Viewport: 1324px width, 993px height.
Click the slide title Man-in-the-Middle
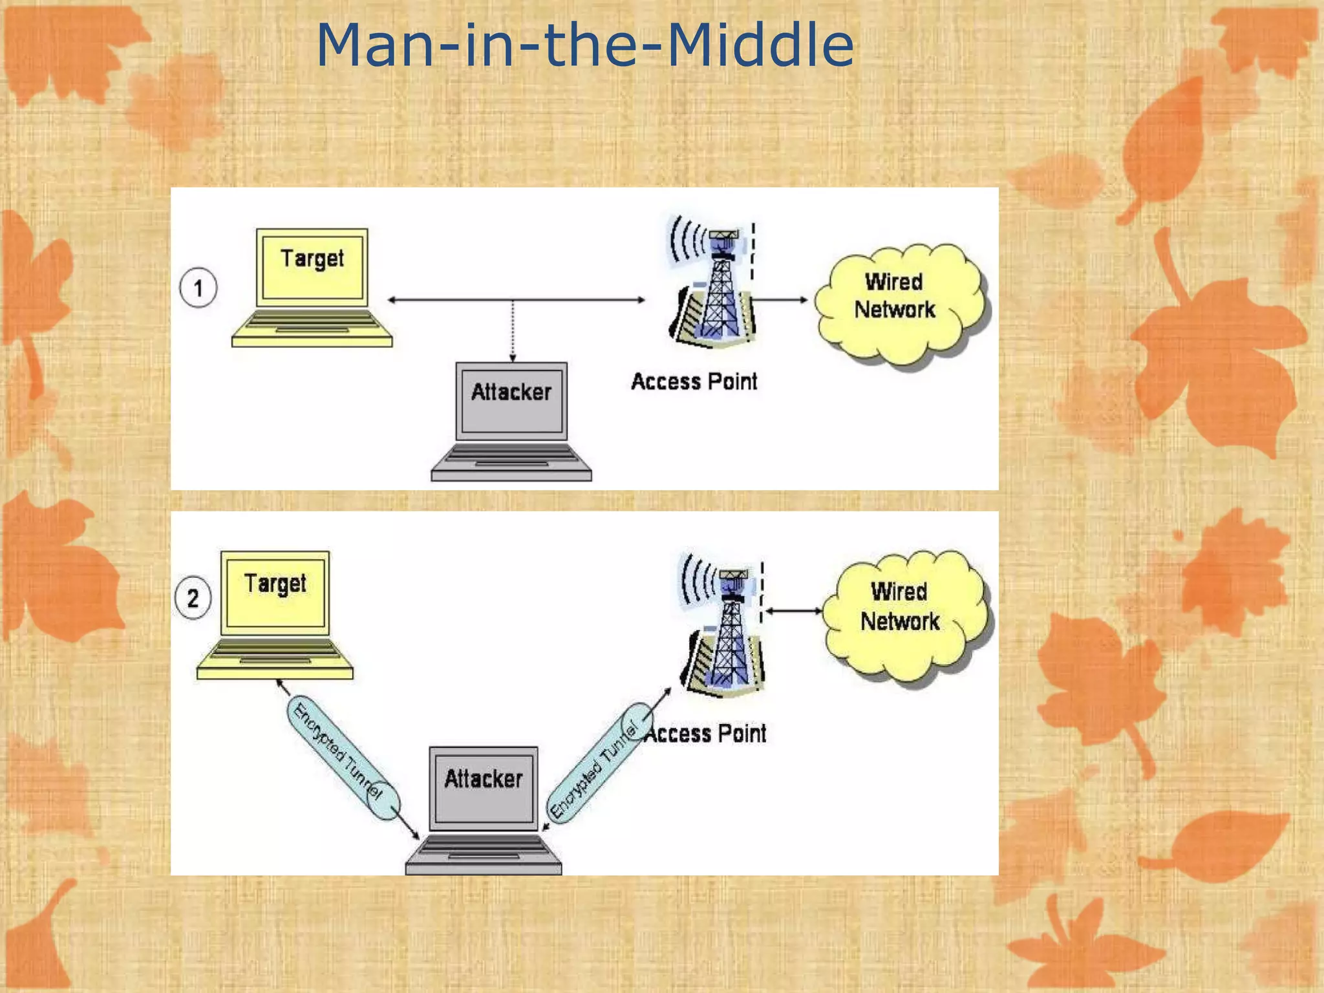click(x=585, y=45)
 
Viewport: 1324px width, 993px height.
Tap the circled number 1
click(x=198, y=288)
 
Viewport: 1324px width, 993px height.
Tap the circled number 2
click(x=193, y=598)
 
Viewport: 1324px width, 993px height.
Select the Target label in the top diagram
click(x=312, y=259)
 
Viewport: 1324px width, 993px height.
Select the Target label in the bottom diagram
click(x=275, y=584)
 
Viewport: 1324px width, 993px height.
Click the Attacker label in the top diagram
click(x=511, y=392)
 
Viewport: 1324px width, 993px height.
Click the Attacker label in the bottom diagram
click(x=484, y=779)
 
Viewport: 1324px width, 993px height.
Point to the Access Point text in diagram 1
click(x=694, y=381)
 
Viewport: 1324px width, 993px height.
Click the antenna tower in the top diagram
click(x=716, y=284)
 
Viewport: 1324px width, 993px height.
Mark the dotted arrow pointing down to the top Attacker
click(x=513, y=330)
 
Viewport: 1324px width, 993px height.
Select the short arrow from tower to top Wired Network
click(x=781, y=300)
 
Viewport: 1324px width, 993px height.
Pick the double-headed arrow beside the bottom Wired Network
click(x=793, y=611)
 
